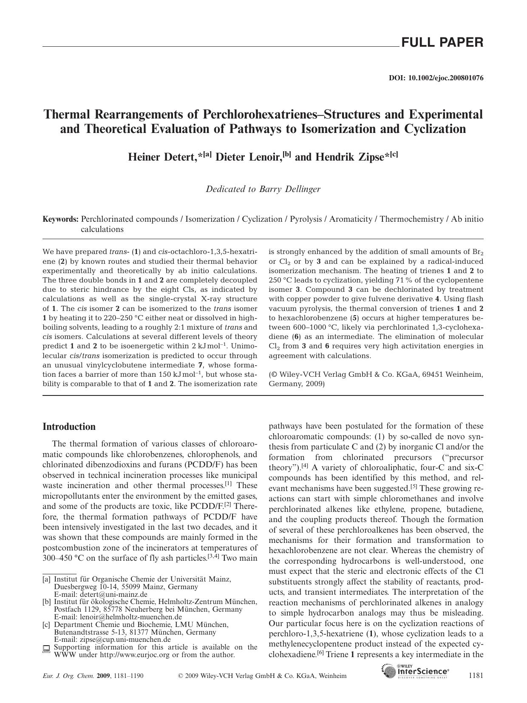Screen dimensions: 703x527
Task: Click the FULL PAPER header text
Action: point(442,42)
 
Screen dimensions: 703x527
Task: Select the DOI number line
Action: point(436,78)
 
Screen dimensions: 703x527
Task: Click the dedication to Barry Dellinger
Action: point(263,189)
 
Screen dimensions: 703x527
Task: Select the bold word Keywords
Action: point(61,220)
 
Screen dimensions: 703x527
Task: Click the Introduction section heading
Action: point(69,427)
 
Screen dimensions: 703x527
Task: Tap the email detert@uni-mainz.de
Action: point(113,594)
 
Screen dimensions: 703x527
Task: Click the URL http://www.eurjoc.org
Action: point(135,655)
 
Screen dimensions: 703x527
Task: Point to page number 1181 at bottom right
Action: point(475,675)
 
